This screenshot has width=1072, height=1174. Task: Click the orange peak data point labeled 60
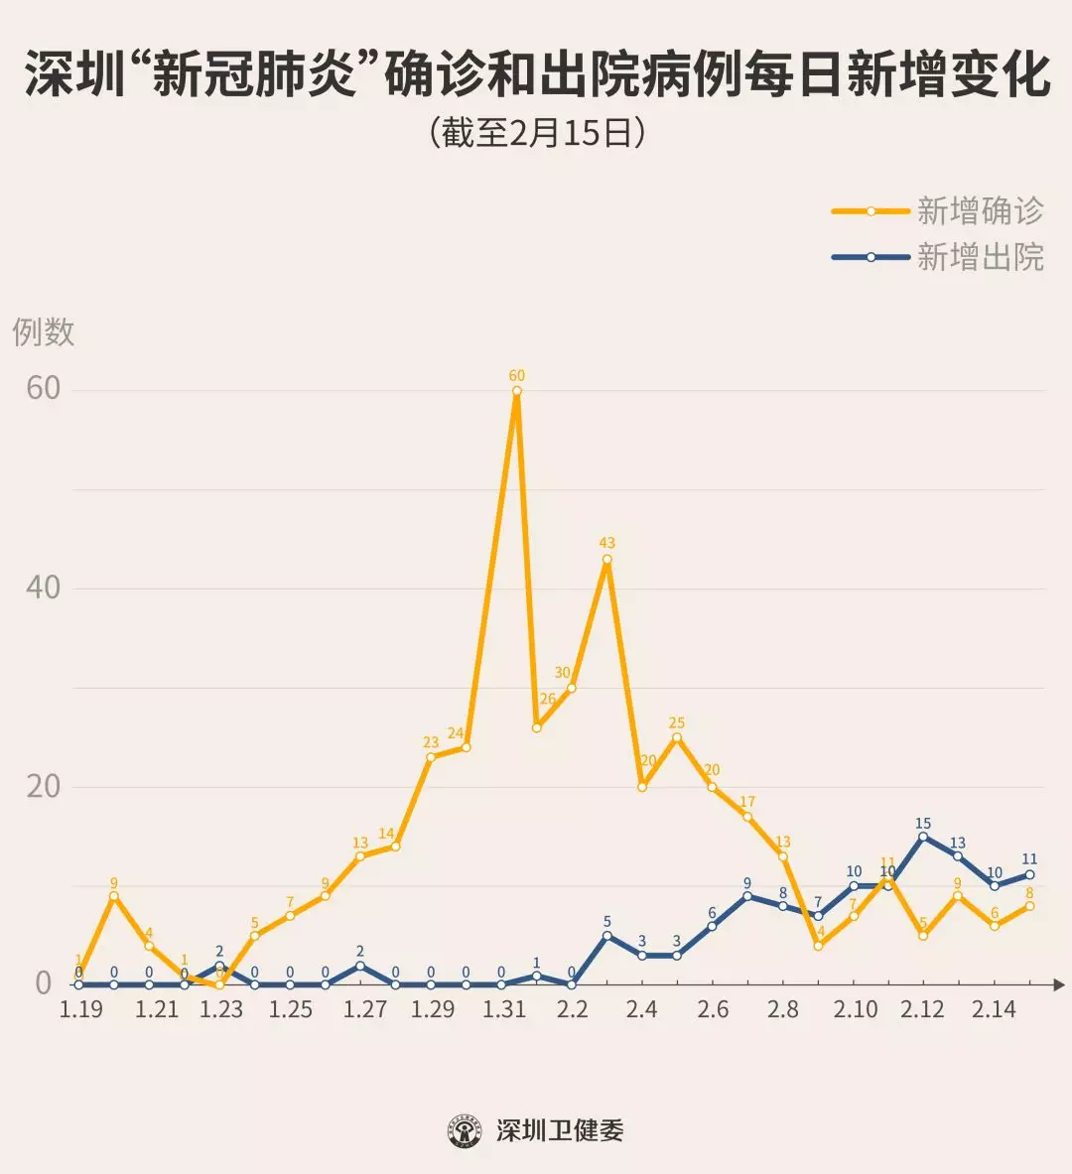517,390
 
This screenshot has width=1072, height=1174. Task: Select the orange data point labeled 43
606,559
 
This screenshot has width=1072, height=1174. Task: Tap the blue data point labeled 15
923,837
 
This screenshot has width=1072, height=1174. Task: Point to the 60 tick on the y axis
44,388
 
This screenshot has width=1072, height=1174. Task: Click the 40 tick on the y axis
44,587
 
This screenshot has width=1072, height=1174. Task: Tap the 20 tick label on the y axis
44,786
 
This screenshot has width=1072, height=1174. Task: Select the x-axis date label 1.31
504,1009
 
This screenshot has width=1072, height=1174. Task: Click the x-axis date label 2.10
856,1009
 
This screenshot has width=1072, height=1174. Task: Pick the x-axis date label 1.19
81,1009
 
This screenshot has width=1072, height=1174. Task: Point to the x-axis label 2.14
994,1009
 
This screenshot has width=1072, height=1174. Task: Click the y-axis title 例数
44,331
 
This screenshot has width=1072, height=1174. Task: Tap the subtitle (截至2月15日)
537,133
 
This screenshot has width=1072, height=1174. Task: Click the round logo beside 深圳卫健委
465,1130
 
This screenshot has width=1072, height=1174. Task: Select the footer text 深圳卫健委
560,1130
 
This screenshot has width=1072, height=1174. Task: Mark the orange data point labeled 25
677,737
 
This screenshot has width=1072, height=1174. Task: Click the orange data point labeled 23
431,757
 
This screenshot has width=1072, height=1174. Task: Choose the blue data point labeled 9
747,896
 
